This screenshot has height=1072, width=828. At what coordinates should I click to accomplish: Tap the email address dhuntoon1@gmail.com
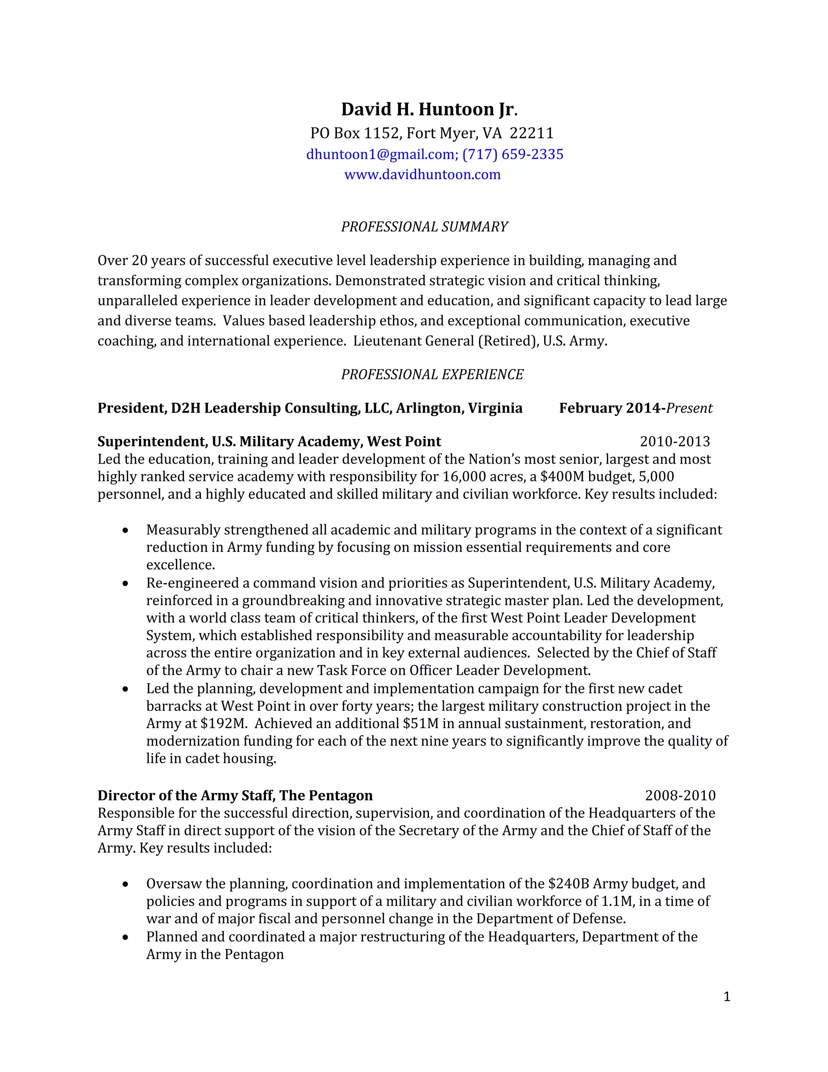tap(380, 154)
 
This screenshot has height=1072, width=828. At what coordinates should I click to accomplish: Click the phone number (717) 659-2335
tap(513, 154)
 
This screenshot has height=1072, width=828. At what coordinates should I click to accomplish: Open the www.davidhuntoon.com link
tap(422, 174)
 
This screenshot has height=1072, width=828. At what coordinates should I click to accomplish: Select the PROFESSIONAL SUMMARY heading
tap(424, 227)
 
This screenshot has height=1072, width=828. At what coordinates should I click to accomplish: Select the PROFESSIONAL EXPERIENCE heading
tap(432, 375)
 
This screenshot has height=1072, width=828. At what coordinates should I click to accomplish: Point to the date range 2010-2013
tap(674, 441)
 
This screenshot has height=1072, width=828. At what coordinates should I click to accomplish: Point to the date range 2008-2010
tap(680, 795)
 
